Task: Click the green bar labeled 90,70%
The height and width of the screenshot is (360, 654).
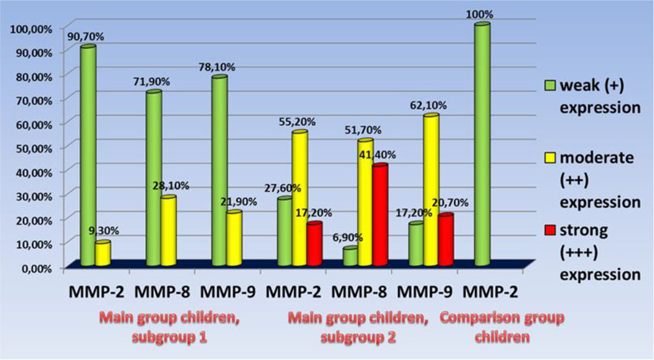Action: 87,156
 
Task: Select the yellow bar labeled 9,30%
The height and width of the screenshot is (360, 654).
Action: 103,254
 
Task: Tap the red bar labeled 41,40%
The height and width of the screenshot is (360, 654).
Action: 380,215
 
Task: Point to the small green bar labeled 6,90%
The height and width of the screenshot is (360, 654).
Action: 350,257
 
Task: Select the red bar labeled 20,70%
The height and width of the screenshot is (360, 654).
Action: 445,240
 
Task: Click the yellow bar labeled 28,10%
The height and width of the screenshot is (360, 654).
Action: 169,231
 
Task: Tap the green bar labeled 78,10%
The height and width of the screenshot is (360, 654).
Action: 219,171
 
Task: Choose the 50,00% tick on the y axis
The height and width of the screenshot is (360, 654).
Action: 31,147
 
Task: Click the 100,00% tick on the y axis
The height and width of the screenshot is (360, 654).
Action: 29,28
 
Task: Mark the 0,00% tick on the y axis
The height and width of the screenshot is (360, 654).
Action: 34,267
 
